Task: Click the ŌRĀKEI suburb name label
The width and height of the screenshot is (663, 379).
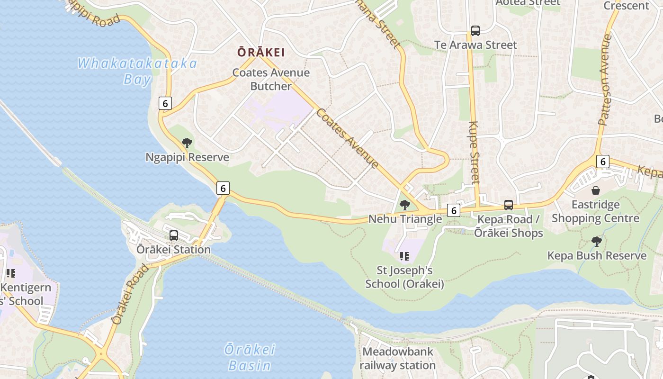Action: pos(261,52)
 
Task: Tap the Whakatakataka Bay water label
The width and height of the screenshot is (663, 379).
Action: pos(137,71)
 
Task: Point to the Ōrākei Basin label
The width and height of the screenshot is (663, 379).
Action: pos(250,358)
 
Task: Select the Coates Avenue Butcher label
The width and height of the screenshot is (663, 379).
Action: pos(271,80)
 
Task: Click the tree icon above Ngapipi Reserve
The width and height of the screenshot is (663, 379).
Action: pos(187,143)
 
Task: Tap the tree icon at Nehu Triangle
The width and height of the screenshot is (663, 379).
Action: pos(404,205)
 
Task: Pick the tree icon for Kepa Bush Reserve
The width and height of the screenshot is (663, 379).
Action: pos(597,242)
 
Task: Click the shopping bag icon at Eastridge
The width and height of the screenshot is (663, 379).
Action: pos(595,190)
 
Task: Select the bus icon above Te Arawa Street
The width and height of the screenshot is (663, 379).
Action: pos(475,31)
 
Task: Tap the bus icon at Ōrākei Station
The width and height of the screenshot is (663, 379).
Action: pos(174,235)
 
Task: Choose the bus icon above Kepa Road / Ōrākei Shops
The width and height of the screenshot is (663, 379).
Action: pos(509,205)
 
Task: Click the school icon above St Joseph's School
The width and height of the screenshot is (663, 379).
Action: pos(404,256)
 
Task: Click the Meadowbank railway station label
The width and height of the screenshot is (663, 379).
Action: pos(397,359)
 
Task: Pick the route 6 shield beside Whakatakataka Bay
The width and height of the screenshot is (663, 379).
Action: pos(165,103)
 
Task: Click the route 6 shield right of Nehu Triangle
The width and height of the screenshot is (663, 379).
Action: pos(453,210)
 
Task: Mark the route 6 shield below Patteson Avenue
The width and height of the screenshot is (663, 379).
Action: pos(602,162)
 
